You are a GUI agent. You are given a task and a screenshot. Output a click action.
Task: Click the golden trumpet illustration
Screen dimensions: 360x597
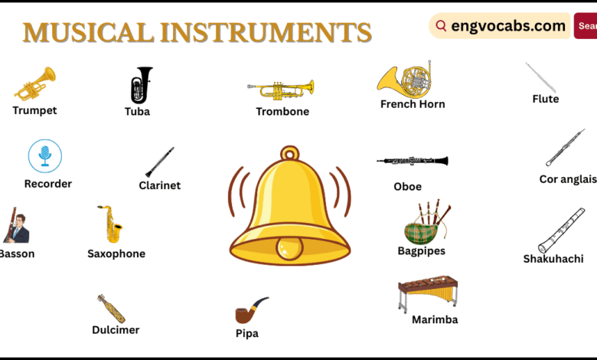34,83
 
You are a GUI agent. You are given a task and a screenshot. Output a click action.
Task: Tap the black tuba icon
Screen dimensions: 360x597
141,85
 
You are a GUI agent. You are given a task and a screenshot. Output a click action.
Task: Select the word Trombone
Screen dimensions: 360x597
282,112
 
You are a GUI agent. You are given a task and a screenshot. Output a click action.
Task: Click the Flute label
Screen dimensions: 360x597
546,99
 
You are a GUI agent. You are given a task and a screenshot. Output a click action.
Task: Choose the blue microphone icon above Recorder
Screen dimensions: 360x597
45,155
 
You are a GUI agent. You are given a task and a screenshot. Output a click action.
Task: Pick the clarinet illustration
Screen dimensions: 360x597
160,162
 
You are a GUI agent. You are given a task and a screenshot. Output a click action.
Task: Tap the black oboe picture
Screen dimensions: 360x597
412,161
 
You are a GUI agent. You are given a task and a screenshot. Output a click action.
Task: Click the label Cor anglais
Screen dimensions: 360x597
567,179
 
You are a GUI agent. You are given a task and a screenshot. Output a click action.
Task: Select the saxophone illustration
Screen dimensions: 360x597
112,224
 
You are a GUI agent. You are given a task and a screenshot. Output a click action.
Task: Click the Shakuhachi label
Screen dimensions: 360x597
553,259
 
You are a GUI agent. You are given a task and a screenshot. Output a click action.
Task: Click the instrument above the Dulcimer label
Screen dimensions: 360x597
112,308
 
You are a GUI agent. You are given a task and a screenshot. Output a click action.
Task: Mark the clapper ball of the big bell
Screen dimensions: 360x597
289,247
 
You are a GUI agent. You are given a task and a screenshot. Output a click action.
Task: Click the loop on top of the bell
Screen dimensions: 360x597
289,155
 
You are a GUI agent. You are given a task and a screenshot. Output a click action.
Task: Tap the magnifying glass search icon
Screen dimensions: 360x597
442,26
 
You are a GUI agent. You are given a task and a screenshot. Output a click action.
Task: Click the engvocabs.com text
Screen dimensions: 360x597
508,26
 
